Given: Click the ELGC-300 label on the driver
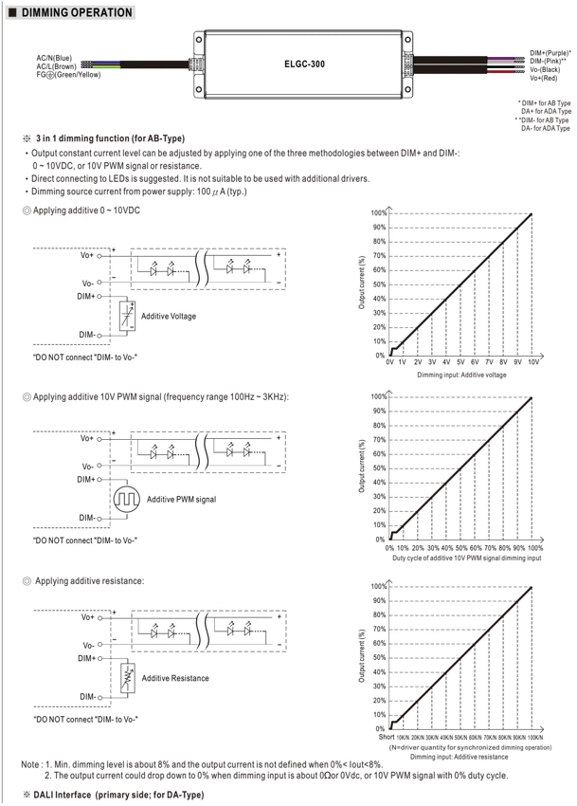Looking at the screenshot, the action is click(x=304, y=64).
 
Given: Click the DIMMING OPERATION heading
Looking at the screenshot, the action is click(x=77, y=12).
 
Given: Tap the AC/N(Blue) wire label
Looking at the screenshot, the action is click(x=54, y=58).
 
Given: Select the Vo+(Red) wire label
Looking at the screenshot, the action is click(x=544, y=78).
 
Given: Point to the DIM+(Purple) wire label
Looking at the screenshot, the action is click(x=550, y=53).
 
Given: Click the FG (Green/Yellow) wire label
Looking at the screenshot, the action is click(x=68, y=75).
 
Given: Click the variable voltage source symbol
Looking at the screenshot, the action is click(x=127, y=315).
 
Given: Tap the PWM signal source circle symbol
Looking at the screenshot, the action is click(x=126, y=499).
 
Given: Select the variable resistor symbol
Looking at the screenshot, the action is click(x=128, y=678).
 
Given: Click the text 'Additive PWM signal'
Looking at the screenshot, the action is click(x=181, y=499).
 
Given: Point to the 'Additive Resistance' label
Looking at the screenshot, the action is click(x=175, y=678).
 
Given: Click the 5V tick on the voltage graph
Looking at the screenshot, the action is click(x=460, y=362).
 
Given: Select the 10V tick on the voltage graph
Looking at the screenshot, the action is click(x=533, y=362).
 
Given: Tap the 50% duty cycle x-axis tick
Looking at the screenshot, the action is click(x=461, y=548).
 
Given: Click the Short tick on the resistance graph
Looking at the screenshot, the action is click(x=387, y=737).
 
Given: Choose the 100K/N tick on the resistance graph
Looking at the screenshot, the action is click(x=535, y=737).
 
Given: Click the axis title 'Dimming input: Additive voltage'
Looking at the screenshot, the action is click(x=461, y=375).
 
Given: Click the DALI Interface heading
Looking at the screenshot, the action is click(x=118, y=795).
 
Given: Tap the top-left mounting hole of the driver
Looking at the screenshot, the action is click(x=199, y=40).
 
